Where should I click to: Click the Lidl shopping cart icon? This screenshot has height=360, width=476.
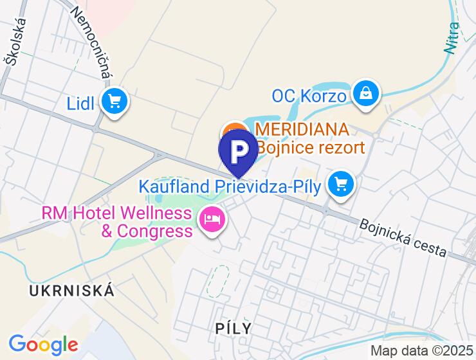point(116,102)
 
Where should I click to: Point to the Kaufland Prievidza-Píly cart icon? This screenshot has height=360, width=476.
point(340,185)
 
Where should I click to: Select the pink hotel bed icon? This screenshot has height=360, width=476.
point(212,219)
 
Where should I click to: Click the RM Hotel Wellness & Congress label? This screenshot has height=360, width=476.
point(116,221)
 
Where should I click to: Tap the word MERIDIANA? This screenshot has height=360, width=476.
point(302,129)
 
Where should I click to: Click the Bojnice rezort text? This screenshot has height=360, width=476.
point(311,148)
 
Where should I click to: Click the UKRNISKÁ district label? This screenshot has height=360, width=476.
point(71,290)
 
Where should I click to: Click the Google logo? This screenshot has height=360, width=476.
point(43,345)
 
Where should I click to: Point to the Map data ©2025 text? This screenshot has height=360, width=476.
point(421,351)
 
